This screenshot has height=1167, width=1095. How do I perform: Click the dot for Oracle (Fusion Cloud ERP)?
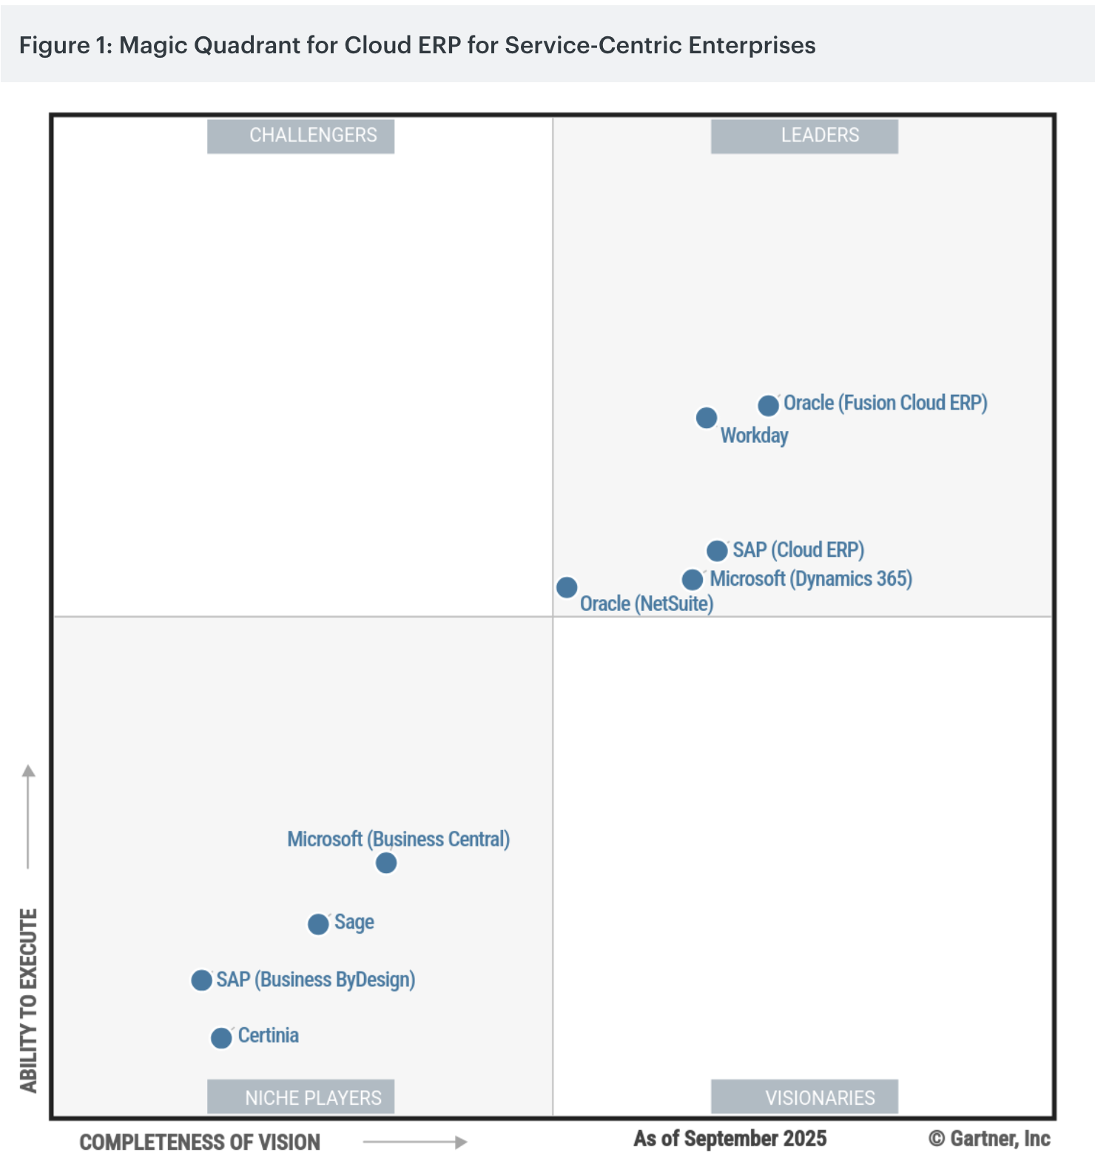[768, 405]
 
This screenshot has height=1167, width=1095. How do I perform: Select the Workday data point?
[707, 418]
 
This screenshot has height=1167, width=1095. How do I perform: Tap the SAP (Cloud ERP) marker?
[717, 551]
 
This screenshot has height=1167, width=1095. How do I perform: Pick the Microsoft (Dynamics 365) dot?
[693, 579]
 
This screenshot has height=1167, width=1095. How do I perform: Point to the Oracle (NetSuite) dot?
[567, 587]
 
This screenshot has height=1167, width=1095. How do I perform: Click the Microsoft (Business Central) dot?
[386, 863]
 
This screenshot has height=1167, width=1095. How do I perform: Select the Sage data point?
[318, 924]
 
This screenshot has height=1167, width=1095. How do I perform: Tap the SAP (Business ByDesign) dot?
[201, 980]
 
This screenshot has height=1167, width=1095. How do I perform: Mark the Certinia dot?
[221, 1038]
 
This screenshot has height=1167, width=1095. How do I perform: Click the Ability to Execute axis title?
[29, 1000]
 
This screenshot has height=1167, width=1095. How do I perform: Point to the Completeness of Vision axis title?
[200, 1143]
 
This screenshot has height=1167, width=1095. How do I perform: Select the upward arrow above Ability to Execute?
[29, 815]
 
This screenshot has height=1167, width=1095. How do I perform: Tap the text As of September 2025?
[730, 1139]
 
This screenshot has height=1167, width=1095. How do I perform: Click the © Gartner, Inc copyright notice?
[989, 1139]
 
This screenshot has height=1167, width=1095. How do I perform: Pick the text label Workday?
[754, 435]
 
